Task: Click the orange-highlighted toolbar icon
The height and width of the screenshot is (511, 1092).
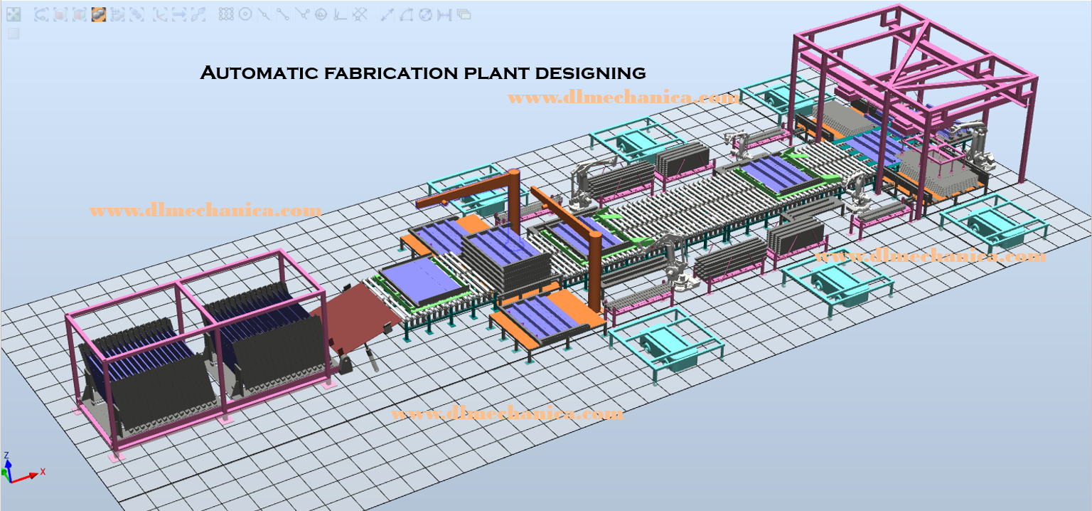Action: (x=99, y=15)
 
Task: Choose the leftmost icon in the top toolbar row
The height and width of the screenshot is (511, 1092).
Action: (x=14, y=15)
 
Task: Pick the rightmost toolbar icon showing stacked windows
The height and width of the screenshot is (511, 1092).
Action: (x=464, y=15)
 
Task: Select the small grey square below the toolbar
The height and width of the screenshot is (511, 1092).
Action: (x=14, y=33)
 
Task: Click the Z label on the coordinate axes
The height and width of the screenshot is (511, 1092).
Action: (x=6, y=455)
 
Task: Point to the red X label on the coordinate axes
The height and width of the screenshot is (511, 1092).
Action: (x=43, y=471)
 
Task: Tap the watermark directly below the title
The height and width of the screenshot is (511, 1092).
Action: (x=624, y=98)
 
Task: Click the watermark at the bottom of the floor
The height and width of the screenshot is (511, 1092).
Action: (x=507, y=413)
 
